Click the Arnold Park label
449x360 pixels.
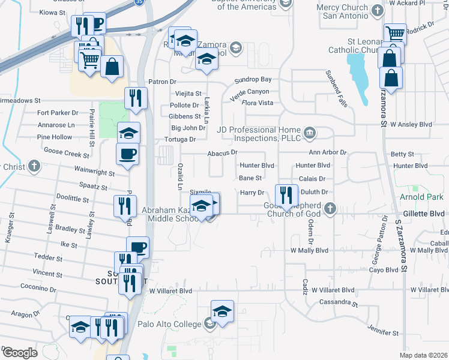[422, 197]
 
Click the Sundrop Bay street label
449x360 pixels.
[253, 79]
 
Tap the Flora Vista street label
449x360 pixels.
[257, 103]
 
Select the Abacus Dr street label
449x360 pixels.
[222, 153]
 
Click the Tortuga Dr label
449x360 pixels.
[180, 139]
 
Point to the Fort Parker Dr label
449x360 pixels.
[58, 112]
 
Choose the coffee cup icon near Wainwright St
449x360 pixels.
[127, 154]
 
